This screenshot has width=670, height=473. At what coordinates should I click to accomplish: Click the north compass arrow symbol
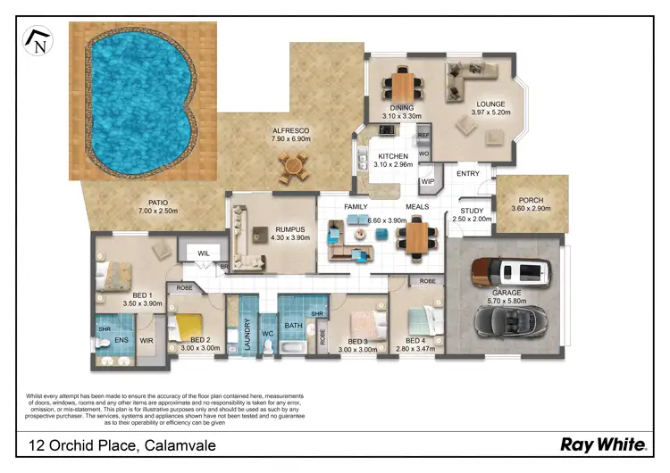tap(38, 41)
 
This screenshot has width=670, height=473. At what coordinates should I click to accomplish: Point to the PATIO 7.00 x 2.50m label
tap(153, 207)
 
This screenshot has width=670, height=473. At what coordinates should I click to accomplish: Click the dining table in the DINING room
tap(402, 87)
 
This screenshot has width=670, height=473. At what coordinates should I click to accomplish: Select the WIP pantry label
tap(427, 182)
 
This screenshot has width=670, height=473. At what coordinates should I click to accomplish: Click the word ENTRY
tap(468, 174)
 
